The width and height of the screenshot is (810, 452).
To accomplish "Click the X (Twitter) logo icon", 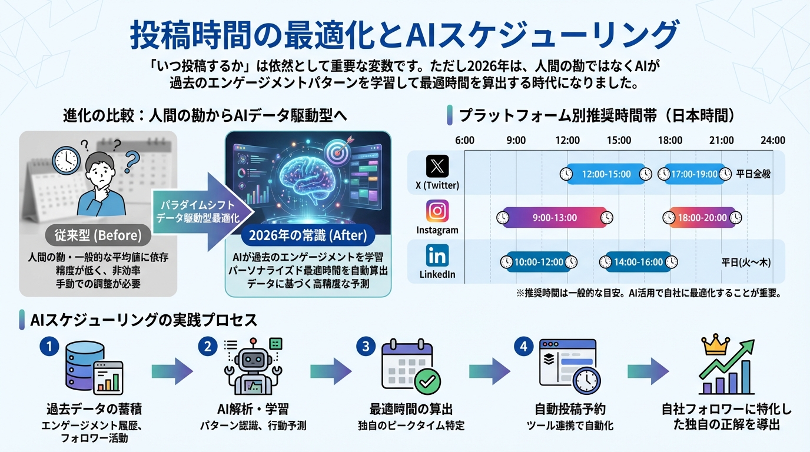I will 437,166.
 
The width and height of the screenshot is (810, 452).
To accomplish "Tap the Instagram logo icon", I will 437,211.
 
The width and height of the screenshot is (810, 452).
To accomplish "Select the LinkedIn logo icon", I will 437,255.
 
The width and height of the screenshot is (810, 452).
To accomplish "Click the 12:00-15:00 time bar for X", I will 606,174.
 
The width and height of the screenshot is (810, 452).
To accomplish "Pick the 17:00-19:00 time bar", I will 694,174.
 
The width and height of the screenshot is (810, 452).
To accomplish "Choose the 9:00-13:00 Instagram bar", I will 554,218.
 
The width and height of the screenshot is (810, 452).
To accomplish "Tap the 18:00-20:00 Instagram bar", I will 702,218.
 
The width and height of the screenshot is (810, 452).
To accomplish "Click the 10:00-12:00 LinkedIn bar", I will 539,262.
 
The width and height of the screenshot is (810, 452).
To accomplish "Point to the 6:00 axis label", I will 465,140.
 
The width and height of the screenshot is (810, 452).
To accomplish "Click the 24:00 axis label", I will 772,140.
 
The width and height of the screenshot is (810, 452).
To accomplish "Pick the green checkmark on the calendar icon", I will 427,381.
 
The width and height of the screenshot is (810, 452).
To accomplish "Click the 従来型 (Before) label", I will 95,236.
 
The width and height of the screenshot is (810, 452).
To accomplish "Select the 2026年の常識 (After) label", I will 308,237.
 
